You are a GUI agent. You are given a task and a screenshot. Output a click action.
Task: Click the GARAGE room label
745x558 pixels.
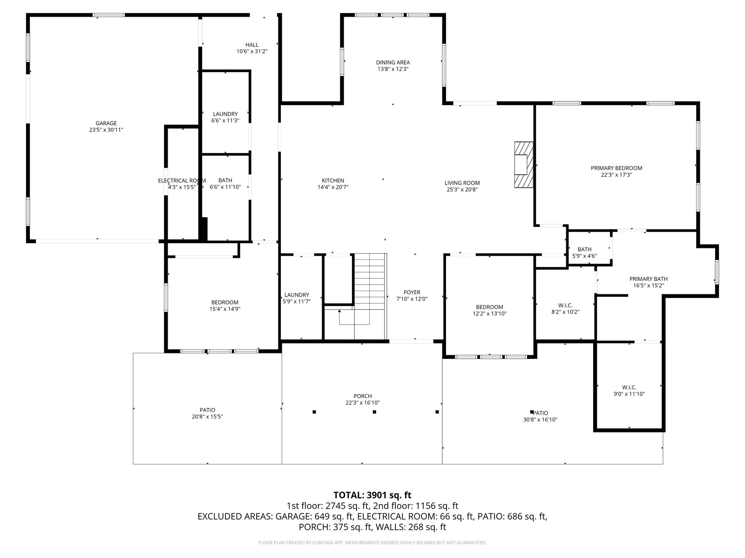[106, 123]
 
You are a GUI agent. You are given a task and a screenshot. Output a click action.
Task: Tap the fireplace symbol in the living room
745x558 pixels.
[523, 165]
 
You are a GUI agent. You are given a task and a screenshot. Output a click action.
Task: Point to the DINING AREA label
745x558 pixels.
[393, 62]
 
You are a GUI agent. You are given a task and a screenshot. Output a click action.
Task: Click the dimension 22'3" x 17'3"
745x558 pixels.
[616, 175]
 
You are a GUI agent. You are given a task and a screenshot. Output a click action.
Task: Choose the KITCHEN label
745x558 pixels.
[332, 180]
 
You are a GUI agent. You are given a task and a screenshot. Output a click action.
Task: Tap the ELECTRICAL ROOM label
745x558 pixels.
[182, 180]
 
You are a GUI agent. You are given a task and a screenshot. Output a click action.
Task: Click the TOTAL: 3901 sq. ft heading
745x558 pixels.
[372, 495]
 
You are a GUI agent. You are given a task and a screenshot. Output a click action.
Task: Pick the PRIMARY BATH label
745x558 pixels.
[648, 279]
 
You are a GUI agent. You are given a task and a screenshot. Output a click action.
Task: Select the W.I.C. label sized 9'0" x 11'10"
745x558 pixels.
[629, 387]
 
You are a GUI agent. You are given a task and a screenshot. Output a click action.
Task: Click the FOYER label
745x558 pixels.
[412, 292]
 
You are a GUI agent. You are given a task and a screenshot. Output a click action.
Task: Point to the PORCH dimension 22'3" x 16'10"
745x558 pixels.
[362, 403]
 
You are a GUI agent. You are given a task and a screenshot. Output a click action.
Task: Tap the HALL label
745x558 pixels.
[252, 45]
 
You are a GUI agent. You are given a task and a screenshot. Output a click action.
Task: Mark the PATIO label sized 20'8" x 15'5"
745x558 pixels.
[207, 410]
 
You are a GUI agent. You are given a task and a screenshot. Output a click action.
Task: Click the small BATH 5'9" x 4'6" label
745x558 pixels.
[584, 249]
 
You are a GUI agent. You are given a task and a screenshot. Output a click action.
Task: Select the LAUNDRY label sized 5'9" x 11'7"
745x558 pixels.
[297, 295]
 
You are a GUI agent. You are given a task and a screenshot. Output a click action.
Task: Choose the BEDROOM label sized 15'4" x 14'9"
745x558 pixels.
[225, 303]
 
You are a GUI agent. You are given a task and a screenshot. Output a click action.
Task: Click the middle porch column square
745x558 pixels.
[374, 412]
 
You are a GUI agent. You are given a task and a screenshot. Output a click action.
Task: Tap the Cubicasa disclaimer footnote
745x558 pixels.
[372, 543]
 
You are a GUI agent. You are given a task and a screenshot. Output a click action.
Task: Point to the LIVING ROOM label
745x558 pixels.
[462, 183]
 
